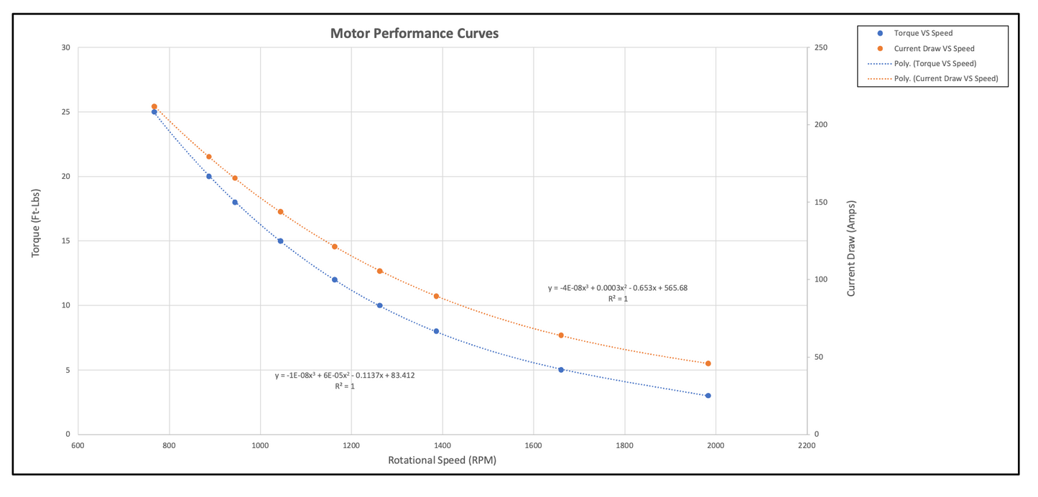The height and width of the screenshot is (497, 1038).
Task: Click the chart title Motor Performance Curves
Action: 414,34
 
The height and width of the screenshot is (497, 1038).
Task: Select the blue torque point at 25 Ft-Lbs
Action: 154,112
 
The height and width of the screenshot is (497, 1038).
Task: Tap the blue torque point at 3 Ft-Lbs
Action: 708,396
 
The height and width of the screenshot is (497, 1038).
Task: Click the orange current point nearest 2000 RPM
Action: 708,363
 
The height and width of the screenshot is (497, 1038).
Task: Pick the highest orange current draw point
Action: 154,106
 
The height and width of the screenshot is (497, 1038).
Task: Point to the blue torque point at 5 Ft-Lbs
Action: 561,370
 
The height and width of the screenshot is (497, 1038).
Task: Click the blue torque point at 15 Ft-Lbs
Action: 280,241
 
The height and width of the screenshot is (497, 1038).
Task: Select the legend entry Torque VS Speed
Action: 923,33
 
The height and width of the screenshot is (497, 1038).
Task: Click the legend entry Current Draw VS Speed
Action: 934,48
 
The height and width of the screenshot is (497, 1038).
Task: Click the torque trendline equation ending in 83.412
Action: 345,375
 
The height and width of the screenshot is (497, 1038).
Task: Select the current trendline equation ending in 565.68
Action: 618,288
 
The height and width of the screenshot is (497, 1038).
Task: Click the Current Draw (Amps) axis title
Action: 851,249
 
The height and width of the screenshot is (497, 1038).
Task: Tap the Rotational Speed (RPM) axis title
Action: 442,460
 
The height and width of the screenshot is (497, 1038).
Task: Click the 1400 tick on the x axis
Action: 442,445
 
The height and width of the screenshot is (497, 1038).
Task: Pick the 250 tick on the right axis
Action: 821,48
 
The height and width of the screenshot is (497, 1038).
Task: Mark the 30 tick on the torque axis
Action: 66,48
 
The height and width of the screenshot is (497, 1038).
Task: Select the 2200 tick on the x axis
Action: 807,445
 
